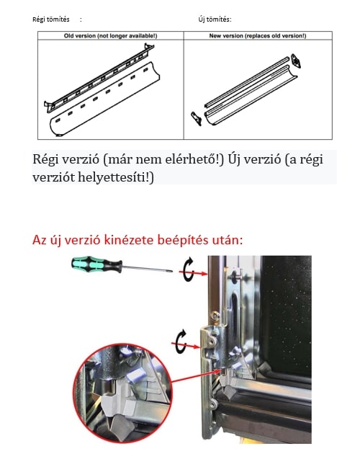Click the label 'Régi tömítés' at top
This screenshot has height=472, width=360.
pos(51,19)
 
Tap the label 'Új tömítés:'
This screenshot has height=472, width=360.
pos(215,19)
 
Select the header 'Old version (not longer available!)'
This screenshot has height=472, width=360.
pos(110,36)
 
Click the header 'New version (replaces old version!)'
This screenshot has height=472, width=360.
pos(258,36)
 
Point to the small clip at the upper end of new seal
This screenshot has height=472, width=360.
pos(296,61)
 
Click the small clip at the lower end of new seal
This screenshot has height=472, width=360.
pos(196,118)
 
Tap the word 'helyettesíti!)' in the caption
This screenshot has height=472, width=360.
pos(116,177)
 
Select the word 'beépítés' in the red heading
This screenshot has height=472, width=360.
pos(183,241)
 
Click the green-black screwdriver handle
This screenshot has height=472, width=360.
pos(96,264)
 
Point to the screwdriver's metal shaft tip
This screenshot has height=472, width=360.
pos(171,271)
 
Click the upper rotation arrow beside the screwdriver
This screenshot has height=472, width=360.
pos(188,269)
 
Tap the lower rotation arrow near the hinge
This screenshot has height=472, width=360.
pos(181,342)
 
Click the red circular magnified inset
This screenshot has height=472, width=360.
pos(122,393)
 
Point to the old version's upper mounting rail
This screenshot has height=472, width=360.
pos(99,78)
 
